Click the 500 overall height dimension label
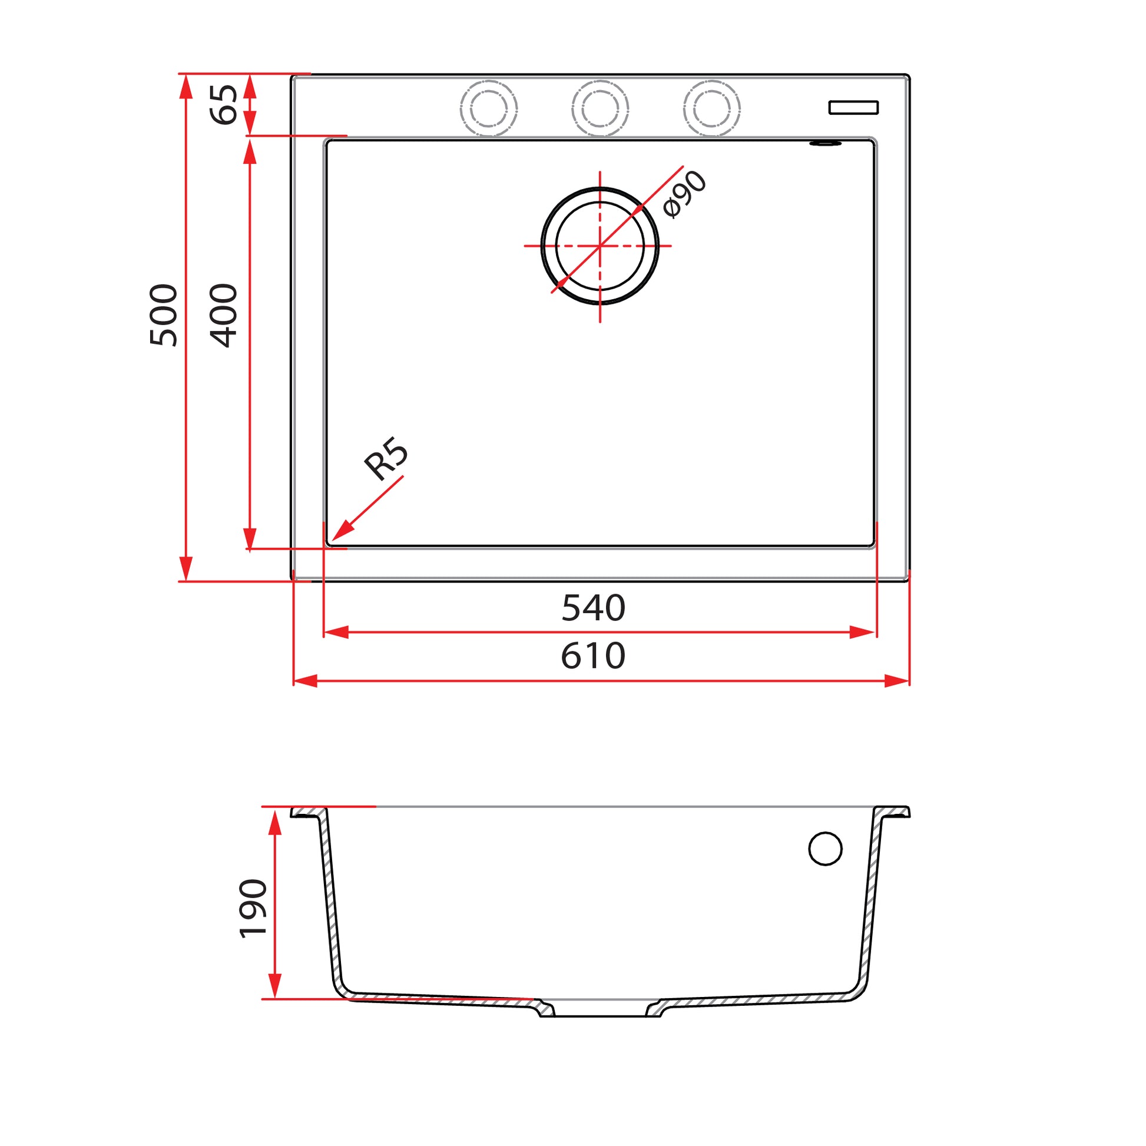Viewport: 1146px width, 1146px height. (164, 315)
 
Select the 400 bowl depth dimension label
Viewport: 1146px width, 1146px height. (224, 315)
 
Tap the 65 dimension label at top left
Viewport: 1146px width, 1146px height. (224, 104)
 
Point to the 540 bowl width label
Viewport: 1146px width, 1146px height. (593, 608)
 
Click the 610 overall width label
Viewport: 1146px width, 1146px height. (593, 656)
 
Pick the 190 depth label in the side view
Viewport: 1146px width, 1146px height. (253, 908)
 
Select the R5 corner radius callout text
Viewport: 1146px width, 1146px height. (386, 458)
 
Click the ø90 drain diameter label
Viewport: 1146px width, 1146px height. (685, 194)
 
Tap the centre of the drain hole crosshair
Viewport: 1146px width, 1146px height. (600, 246)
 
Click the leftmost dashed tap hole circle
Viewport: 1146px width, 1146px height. (488, 108)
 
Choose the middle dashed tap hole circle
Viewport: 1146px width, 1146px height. (600, 108)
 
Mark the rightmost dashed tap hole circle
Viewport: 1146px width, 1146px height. (711, 108)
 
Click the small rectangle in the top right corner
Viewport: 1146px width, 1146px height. (853, 107)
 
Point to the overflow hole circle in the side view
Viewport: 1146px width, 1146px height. (825, 849)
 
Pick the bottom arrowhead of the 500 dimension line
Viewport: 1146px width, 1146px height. (186, 569)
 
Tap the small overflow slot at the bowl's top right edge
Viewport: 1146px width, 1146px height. (825, 143)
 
